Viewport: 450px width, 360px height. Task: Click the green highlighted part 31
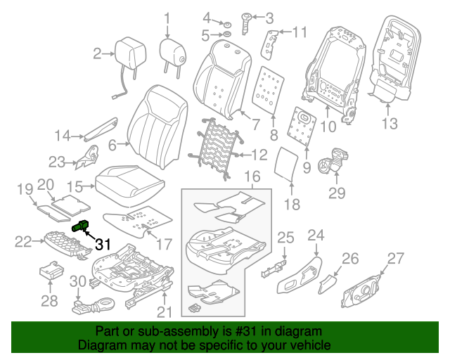coord(80,226)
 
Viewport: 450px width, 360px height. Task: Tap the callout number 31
coord(103,244)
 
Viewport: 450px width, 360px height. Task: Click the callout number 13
coord(390,124)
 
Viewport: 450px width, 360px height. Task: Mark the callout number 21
coord(163,311)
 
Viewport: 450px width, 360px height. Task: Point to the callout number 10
coord(328,127)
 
